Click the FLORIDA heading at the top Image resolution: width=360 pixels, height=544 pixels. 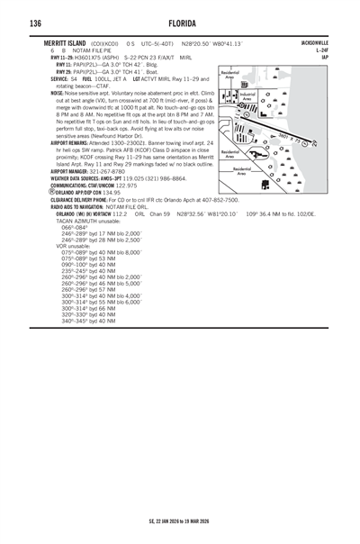pyautogui.click(x=180, y=23)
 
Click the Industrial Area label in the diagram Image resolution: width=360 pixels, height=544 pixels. pyautogui.click(x=248, y=96)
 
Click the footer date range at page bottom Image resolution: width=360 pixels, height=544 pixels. pyautogui.click(x=180, y=521)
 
